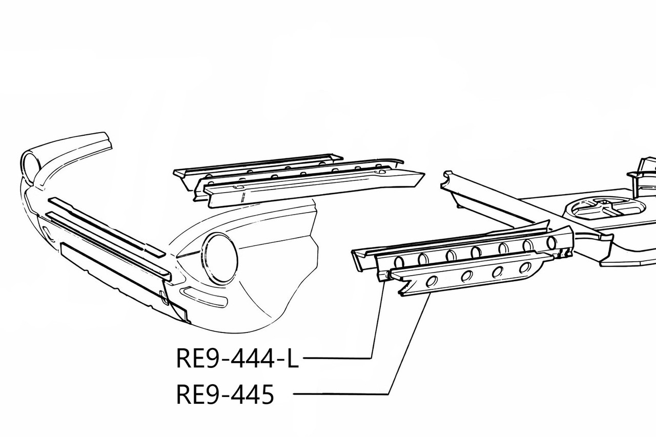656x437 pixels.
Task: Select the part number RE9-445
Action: tap(224, 394)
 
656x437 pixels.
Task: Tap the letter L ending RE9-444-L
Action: tap(291, 358)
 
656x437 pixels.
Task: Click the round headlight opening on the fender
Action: tap(221, 258)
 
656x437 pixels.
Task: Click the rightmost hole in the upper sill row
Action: tap(551, 242)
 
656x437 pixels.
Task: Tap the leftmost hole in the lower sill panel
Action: tap(432, 280)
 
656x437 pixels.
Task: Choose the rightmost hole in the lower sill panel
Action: tap(525, 267)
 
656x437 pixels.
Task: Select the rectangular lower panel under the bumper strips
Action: tap(113, 274)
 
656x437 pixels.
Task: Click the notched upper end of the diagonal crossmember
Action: tap(449, 180)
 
